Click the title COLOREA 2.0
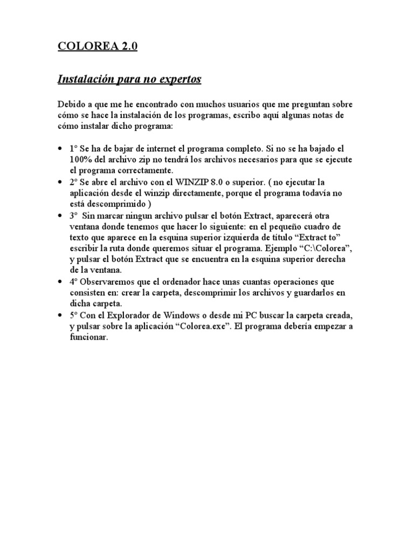pyautogui.click(x=98, y=47)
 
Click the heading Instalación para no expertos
pyautogui.click(x=129, y=79)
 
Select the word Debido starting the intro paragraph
pyautogui.click(x=72, y=104)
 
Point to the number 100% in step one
pyautogui.click(x=80, y=158)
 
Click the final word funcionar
pyautogui.click(x=89, y=338)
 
